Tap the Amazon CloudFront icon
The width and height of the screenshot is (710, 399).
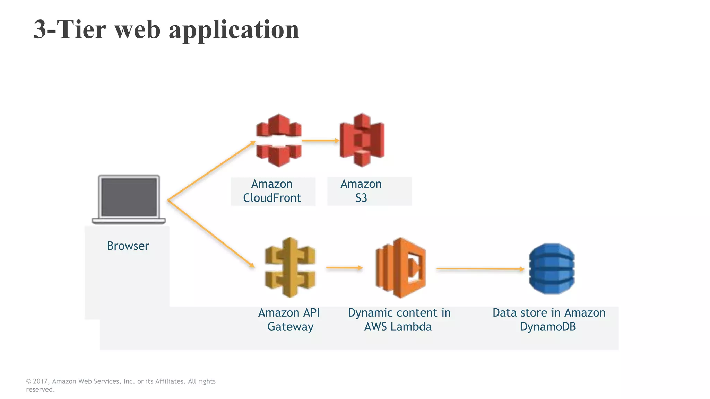pos(279,140)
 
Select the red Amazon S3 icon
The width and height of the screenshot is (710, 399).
pos(362,140)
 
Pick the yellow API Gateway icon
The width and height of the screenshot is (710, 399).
pos(290,267)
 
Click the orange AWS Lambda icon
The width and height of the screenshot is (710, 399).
pos(401,268)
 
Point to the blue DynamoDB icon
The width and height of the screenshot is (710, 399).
pos(552,268)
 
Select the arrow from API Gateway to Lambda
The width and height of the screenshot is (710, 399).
pos(344,267)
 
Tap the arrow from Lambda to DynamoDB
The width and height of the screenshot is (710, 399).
pos(480,268)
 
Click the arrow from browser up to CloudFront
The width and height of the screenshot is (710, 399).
pos(211,171)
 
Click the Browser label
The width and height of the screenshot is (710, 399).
pos(128,246)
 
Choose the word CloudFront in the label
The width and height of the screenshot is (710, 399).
pos(272,198)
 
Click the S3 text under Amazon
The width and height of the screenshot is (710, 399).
pos(361,198)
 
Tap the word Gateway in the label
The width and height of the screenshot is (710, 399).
pos(290,327)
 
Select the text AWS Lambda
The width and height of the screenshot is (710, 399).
pos(398,327)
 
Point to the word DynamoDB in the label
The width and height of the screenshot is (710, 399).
pos(548,327)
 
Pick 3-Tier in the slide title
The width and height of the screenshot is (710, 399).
pos(70,29)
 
